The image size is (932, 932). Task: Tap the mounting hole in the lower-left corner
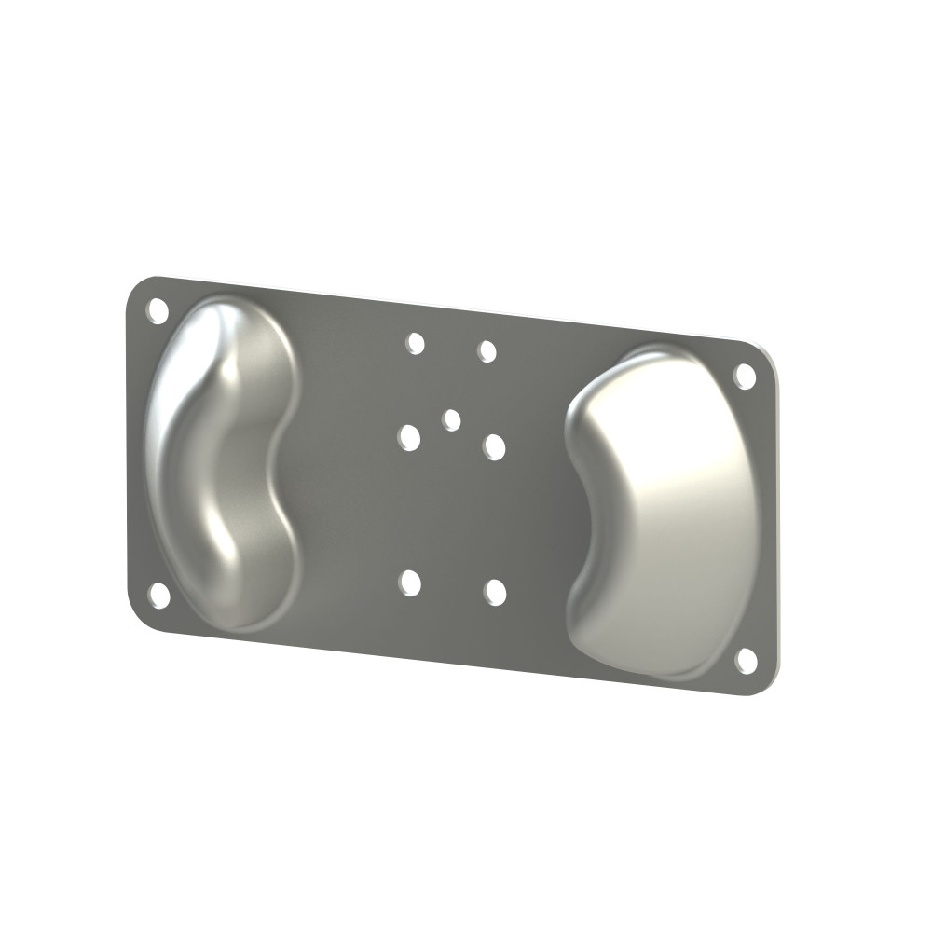[x=159, y=595]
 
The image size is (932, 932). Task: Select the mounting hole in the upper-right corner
[x=745, y=376]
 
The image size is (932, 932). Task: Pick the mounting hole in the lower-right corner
[x=746, y=660]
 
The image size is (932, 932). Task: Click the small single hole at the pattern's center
[x=452, y=420]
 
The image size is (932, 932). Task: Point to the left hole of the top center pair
[x=416, y=344]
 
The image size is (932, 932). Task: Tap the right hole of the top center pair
[x=487, y=351]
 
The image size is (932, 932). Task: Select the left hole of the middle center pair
[x=409, y=437]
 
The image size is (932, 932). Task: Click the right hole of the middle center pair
[x=494, y=447]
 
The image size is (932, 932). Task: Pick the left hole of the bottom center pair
[x=409, y=583]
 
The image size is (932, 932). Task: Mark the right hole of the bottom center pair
[x=495, y=592]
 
